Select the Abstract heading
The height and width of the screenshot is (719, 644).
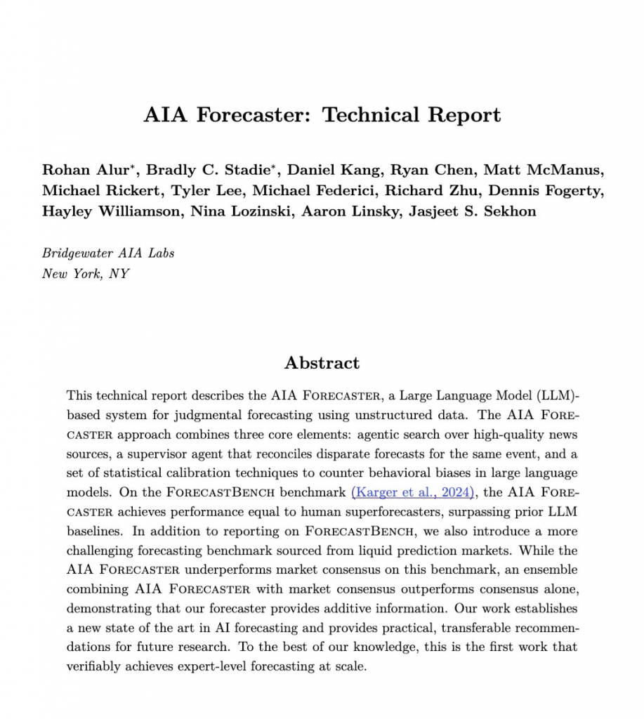tap(322, 363)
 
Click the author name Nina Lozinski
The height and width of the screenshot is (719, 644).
tap(241, 211)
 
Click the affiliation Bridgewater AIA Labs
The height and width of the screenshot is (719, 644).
tap(108, 253)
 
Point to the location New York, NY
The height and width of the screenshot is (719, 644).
tap(86, 273)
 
